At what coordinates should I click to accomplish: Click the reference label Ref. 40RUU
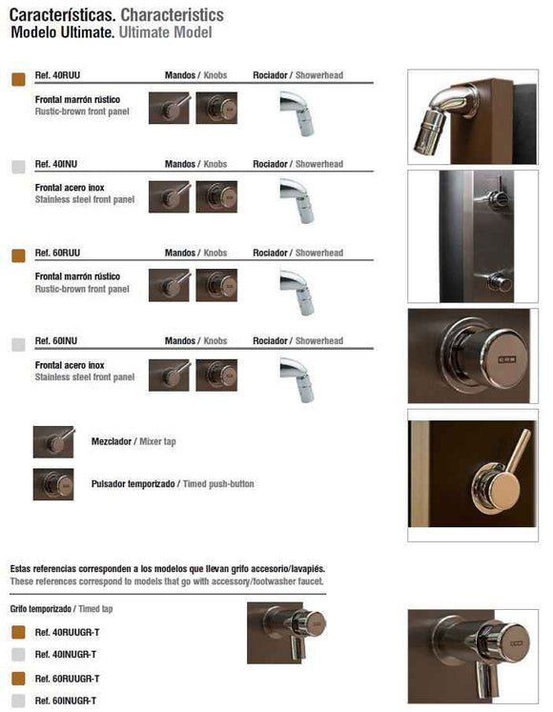[x=55, y=74]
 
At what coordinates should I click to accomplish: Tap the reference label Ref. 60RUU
[x=55, y=253]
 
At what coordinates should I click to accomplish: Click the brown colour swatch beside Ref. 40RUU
[x=18, y=79]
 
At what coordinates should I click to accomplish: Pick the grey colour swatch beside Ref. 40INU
[x=18, y=167]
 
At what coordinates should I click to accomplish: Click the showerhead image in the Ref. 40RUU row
[x=297, y=112]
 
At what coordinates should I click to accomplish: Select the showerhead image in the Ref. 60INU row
[x=297, y=377]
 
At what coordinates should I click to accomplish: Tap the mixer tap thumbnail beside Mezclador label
[x=53, y=441]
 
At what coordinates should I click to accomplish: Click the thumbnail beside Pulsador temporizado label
[x=53, y=484]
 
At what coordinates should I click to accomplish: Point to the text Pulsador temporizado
[x=133, y=484]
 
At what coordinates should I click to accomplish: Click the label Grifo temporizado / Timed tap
[x=55, y=608]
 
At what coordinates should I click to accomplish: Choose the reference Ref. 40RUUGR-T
[x=66, y=632]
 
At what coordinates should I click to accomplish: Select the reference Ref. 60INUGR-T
[x=66, y=701]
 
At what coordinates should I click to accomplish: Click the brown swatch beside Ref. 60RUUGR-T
[x=18, y=678]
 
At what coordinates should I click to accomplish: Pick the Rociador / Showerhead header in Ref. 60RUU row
[x=297, y=253]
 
